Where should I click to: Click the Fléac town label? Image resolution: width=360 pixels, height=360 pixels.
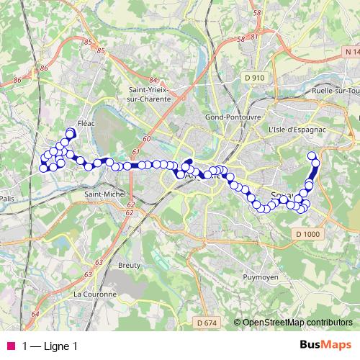point(86,123)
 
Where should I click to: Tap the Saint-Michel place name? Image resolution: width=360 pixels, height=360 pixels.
point(105,194)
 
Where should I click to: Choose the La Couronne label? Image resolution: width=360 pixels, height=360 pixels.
point(94,294)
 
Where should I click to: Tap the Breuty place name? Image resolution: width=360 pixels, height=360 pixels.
point(129,265)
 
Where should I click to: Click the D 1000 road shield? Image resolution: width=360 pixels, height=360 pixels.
point(307,234)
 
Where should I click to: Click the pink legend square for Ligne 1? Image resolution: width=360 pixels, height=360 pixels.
point(11,346)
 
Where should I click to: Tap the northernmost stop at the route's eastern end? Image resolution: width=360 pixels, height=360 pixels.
point(312,156)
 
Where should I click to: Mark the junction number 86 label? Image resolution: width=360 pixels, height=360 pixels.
point(45,68)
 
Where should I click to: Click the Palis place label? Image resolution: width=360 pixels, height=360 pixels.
point(8,199)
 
